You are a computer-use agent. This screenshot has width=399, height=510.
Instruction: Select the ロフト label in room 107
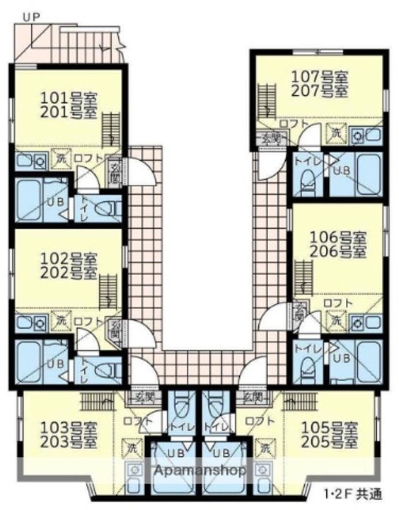click(x=292, y=124)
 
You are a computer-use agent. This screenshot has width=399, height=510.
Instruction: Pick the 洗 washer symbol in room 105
click(x=267, y=448)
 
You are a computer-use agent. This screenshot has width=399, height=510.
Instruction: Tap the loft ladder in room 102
click(x=108, y=291)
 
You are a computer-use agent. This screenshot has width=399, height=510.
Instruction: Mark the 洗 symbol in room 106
click(x=338, y=320)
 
